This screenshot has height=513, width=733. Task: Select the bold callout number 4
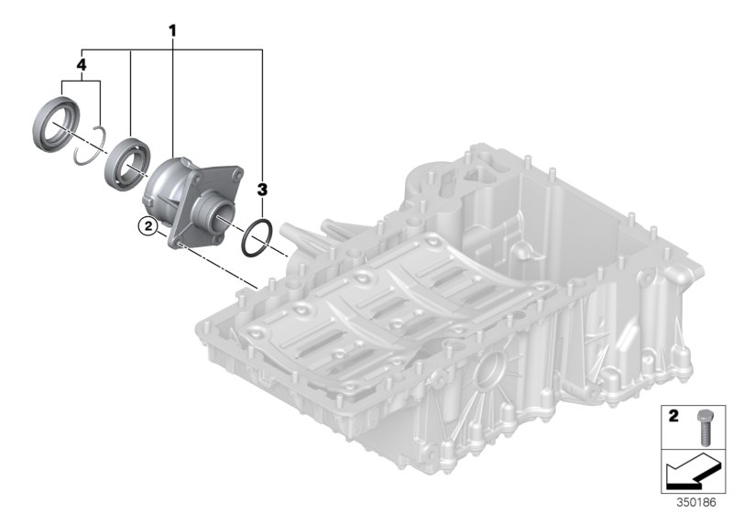(x=82, y=66)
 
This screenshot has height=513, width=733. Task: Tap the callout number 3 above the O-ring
(x=262, y=190)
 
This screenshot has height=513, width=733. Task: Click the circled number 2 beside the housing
(x=143, y=224)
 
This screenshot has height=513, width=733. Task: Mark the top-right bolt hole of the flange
(x=237, y=170)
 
